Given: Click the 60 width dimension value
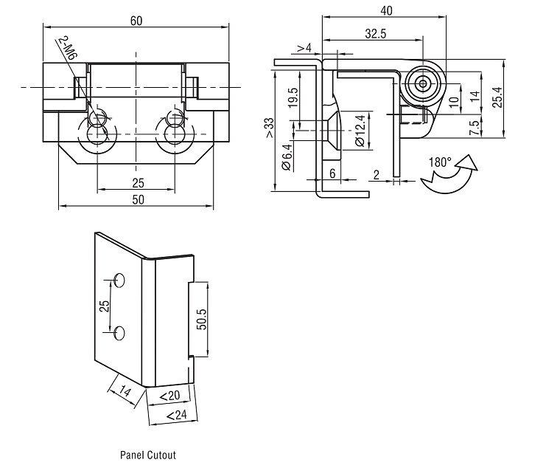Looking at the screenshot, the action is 136,21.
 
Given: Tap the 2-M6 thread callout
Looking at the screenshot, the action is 68,48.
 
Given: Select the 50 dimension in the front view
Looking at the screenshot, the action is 138,199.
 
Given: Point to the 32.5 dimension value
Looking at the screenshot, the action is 375,34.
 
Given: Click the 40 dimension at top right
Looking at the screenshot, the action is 386,11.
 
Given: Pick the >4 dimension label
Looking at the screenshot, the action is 304,48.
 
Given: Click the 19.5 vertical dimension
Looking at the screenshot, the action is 293,98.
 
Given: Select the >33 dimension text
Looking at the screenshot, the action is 270,128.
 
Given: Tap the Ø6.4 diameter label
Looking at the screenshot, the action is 287,157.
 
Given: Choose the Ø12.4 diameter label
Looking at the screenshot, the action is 360,131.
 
